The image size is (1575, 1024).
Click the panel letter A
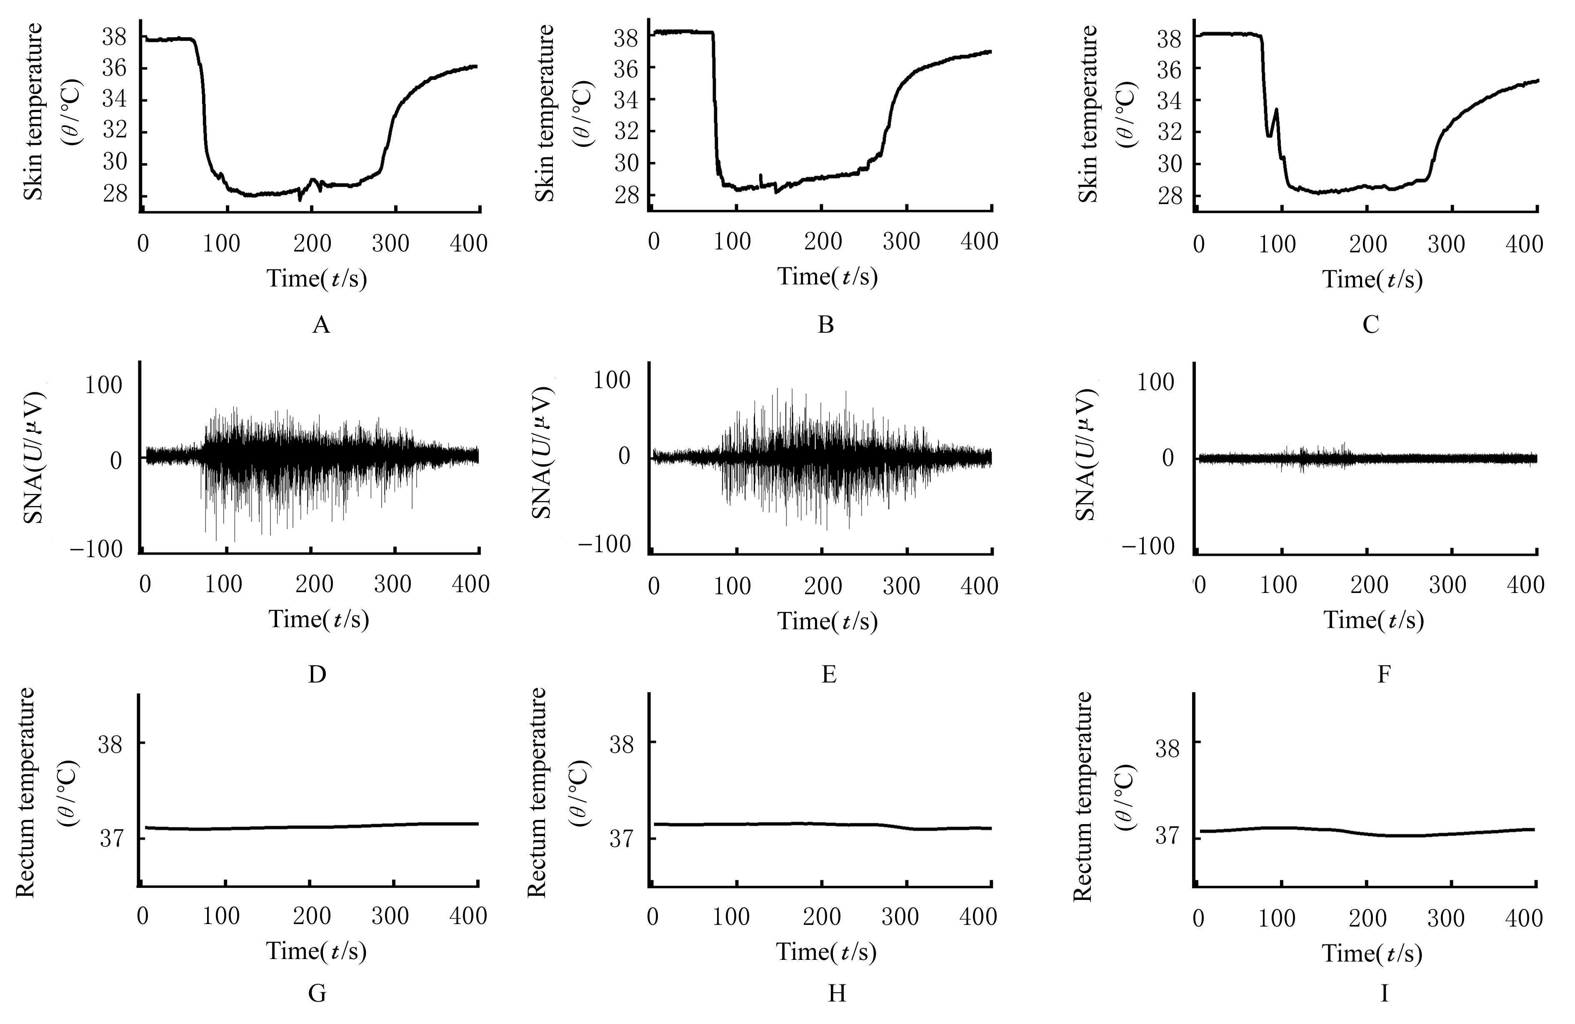pos(321,325)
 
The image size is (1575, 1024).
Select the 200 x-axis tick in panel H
pos(822,917)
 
